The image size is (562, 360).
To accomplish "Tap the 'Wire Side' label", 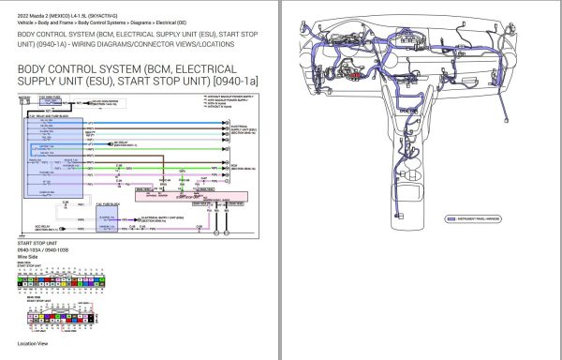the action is click(x=29, y=259).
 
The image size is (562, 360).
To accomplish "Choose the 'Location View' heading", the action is click(x=37, y=344).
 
